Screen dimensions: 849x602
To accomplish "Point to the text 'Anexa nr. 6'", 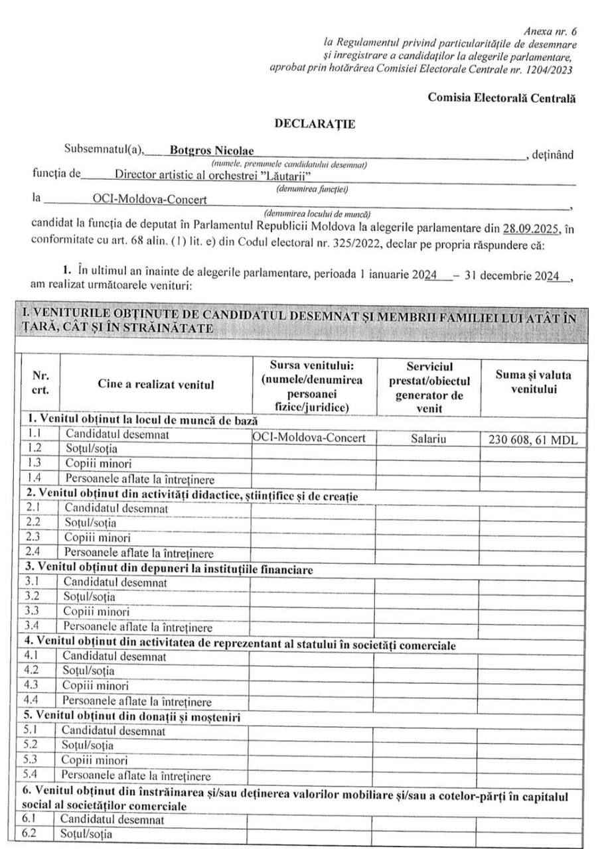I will [550, 32].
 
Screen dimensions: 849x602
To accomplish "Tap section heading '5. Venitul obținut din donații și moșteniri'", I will [132, 716].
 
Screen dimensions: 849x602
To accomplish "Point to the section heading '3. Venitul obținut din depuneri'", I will [169, 568].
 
